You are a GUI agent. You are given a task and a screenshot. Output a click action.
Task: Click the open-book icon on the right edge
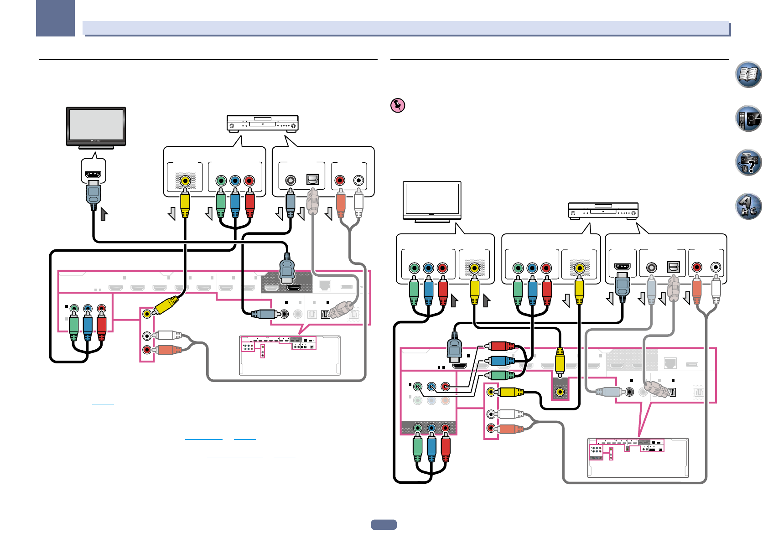pos(748,74)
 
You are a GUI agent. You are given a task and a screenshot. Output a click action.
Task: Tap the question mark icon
pos(748,162)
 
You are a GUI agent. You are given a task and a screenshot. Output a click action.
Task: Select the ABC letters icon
pos(748,206)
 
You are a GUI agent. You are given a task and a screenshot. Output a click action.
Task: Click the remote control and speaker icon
pos(748,119)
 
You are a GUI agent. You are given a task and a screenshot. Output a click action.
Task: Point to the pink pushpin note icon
pos(398,105)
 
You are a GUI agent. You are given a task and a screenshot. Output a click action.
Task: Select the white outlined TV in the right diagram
pos(432,202)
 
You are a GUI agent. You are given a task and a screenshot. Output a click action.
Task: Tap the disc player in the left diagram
pos(263,124)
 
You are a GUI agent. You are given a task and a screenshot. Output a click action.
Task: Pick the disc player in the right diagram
pos(603,211)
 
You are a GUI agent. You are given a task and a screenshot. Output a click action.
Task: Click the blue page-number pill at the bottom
pos(384,525)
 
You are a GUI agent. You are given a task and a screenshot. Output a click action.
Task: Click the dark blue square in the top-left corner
pos(55,18)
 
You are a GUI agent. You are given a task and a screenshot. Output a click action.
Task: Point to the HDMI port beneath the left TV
pos(93,175)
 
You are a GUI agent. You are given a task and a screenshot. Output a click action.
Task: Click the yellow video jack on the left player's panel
pos(185,181)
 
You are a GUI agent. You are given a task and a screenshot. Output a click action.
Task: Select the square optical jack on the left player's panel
pos(313,180)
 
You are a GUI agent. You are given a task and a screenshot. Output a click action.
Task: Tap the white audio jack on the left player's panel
pos(359,181)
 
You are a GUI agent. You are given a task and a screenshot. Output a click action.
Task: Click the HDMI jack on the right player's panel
pos(623,267)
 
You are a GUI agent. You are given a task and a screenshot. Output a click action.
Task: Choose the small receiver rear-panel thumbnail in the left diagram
pos(290,356)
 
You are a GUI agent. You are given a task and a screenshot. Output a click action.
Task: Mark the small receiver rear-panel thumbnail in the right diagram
pos(638,458)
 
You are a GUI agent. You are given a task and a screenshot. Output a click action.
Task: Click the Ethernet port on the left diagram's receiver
pos(325,285)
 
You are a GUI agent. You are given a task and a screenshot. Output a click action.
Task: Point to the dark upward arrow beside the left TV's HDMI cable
pos(104,214)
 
